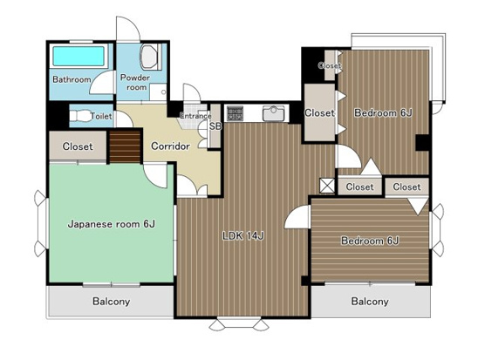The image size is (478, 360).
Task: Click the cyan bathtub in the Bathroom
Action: (x=79, y=56)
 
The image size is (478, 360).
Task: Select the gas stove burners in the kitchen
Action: (x=235, y=113)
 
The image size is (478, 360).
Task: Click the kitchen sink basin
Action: (x=273, y=113)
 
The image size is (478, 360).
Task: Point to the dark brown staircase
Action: (x=125, y=146)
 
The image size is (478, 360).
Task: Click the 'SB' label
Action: (x=215, y=126)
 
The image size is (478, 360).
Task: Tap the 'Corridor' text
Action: (x=170, y=146)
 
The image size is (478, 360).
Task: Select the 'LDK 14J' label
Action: (x=243, y=235)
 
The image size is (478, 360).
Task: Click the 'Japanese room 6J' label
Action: (x=112, y=225)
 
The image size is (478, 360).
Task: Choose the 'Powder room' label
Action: (x=135, y=82)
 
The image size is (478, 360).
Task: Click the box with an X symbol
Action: (x=327, y=186)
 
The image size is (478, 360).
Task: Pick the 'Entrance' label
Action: (x=195, y=116)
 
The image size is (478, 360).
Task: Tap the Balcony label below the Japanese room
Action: (x=112, y=302)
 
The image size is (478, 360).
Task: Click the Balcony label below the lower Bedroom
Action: (x=370, y=302)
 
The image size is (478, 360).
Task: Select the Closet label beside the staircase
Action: (x=78, y=146)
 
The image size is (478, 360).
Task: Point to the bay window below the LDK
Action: (x=239, y=324)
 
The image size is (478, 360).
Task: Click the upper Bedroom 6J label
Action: (x=383, y=113)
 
